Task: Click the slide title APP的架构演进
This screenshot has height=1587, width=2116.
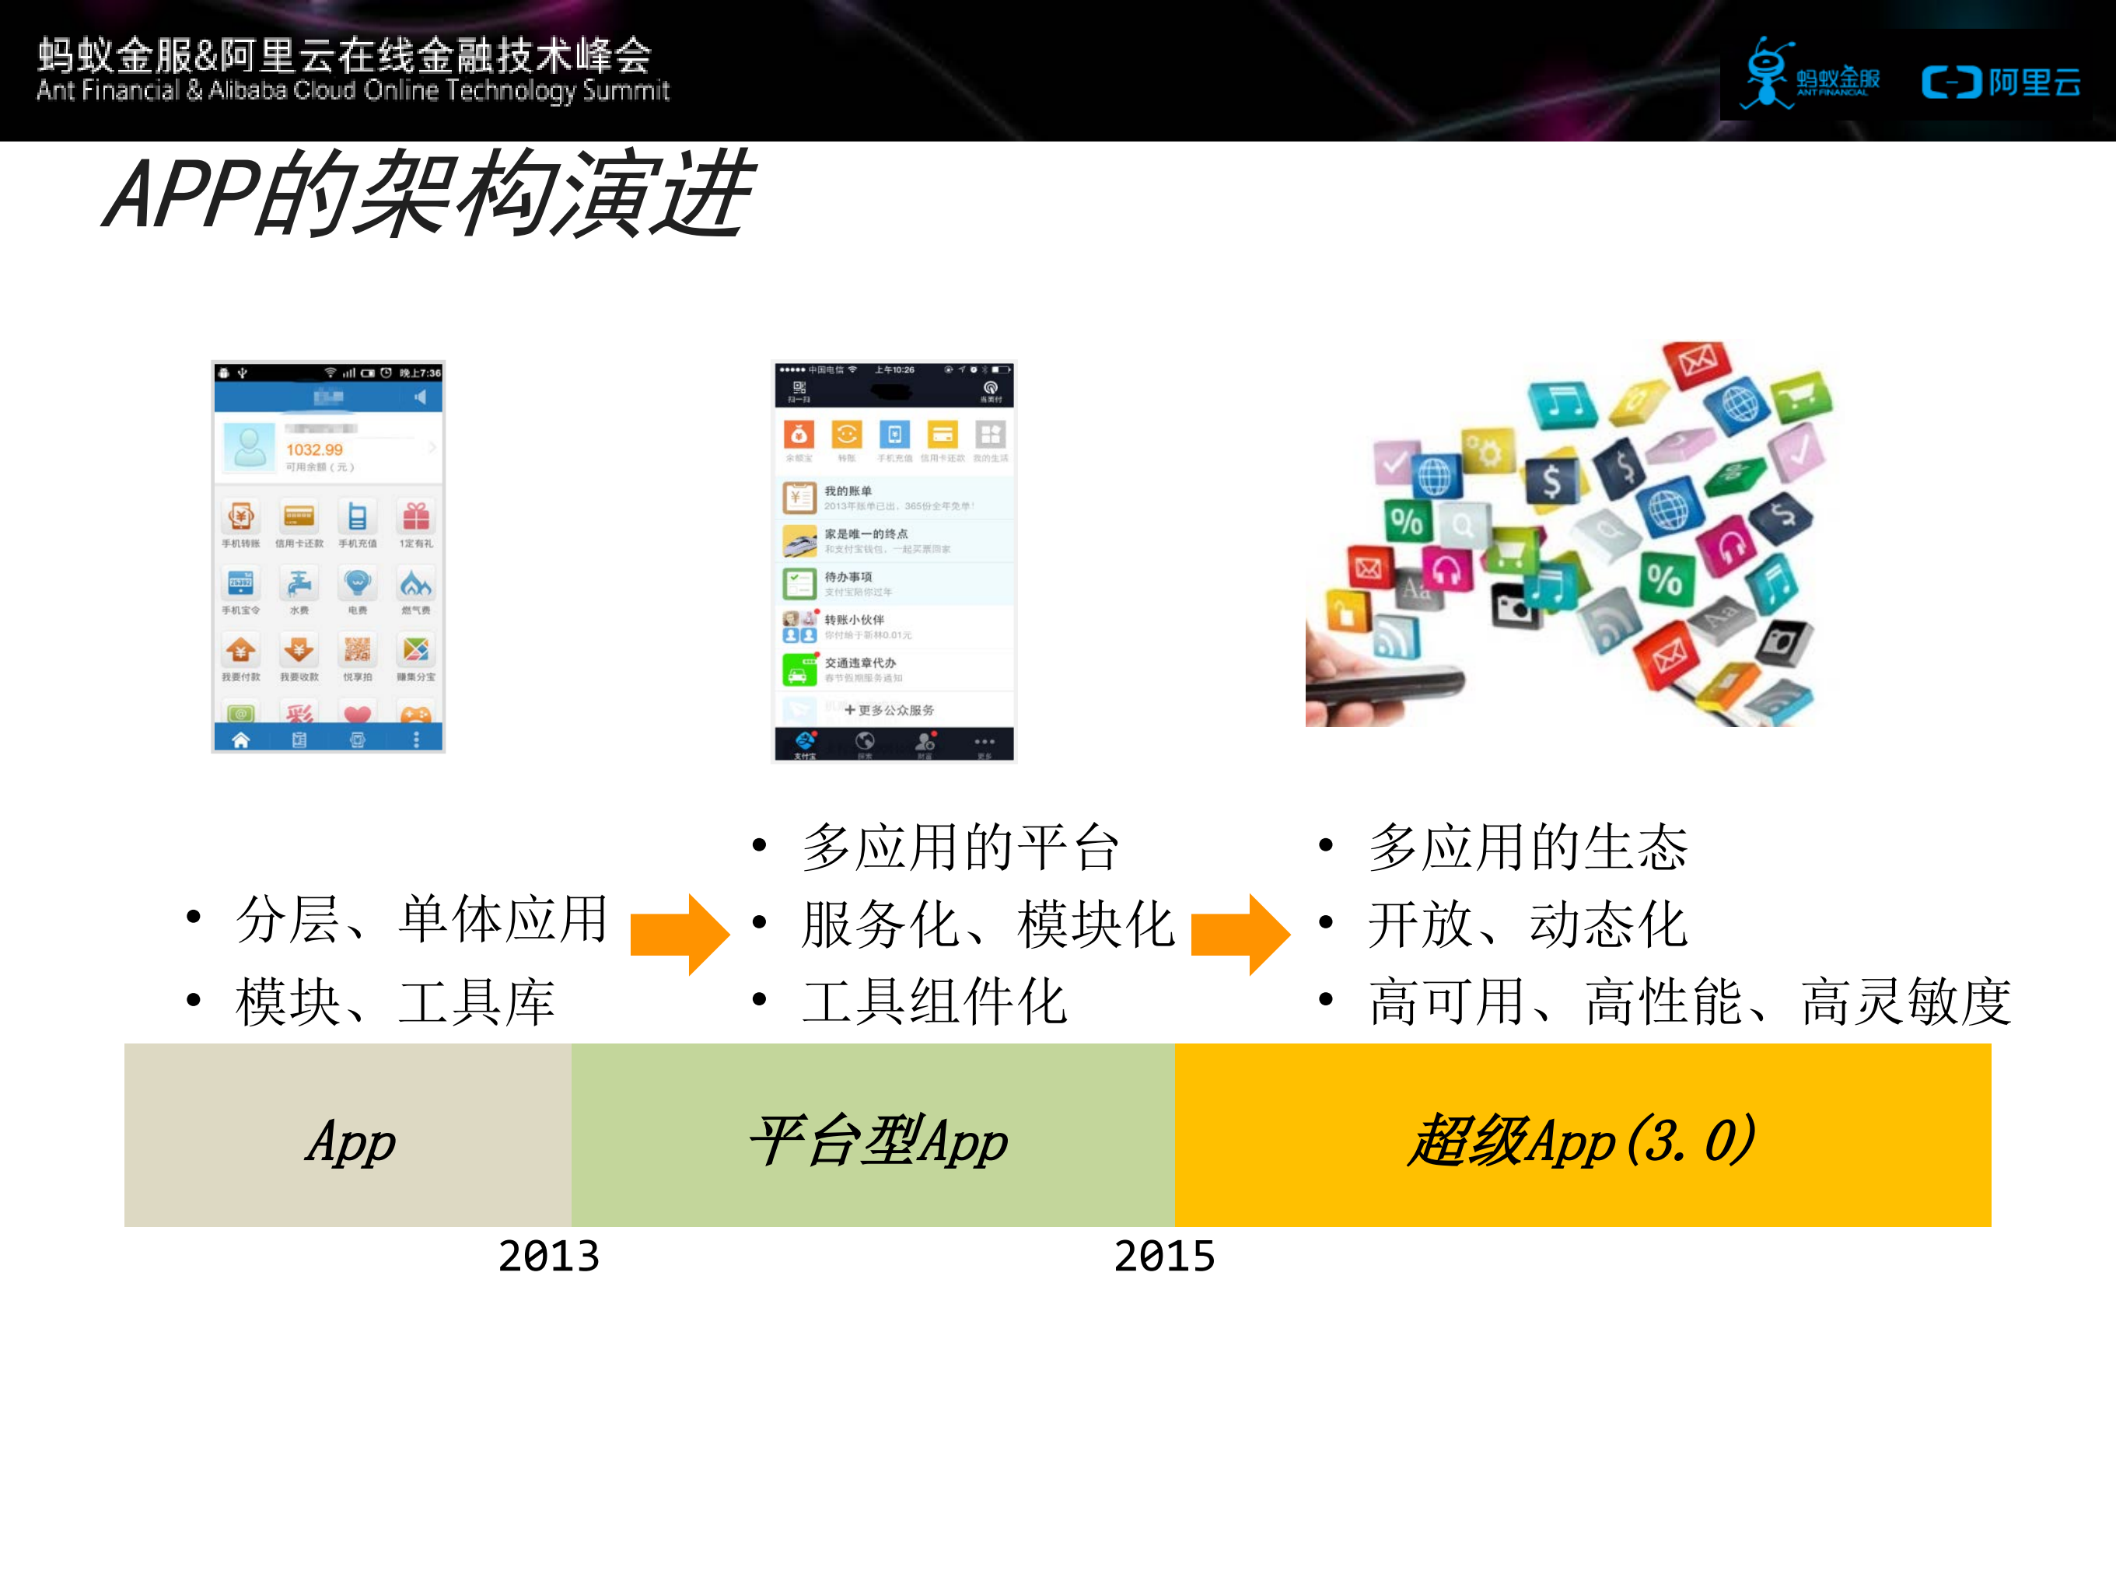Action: tap(428, 194)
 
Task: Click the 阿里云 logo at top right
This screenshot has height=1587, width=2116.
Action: tap(2001, 83)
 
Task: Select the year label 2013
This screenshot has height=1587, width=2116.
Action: tap(548, 1256)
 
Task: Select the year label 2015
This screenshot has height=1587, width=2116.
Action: tap(1164, 1256)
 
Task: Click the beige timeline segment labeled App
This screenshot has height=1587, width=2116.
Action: tap(348, 1135)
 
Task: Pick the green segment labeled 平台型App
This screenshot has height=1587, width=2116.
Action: tap(873, 1135)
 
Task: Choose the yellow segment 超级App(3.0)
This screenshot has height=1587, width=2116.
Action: tap(1583, 1135)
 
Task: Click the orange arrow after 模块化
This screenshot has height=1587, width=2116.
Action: tap(1240, 933)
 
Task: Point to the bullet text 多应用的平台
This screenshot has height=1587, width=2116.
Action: tap(960, 848)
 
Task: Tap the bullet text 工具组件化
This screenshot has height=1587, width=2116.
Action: tap(934, 1001)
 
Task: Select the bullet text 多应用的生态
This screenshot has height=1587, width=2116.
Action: tap(1527, 848)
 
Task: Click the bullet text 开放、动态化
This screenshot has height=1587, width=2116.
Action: tap(1527, 925)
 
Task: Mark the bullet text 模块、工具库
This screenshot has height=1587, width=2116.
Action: tap(395, 1001)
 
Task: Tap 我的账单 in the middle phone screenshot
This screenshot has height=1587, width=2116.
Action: tap(848, 491)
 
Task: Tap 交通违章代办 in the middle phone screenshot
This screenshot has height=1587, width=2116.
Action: tap(860, 663)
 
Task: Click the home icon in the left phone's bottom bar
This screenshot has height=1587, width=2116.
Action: tap(241, 739)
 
